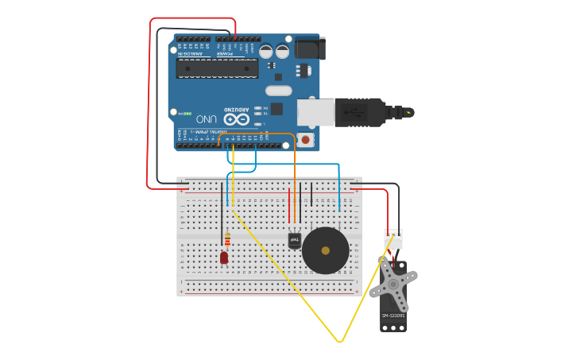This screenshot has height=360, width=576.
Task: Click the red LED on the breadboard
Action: pyautogui.click(x=224, y=257)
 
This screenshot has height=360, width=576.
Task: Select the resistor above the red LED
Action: pyautogui.click(x=228, y=238)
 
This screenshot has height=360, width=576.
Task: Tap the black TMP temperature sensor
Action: pyautogui.click(x=294, y=239)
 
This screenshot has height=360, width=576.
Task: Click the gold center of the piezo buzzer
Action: pyautogui.click(x=326, y=250)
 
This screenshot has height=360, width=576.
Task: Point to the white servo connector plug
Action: pyautogui.click(x=393, y=239)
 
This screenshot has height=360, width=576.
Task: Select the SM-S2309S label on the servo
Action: pyautogui.click(x=392, y=315)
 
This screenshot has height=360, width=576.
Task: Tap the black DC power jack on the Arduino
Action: pyautogui.click(x=309, y=49)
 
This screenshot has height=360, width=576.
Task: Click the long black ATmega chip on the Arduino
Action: pyautogui.click(x=217, y=68)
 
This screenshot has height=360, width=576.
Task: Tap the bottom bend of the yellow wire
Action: pyautogui.click(x=340, y=341)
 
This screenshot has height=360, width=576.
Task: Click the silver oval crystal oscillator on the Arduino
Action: pyautogui.click(x=279, y=90)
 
